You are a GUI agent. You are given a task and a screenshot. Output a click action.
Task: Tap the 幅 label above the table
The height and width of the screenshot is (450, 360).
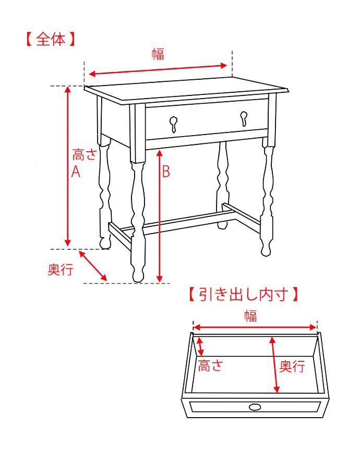pos(158,54)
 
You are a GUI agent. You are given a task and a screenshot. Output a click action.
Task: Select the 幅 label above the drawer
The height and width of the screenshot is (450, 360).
pos(250,315)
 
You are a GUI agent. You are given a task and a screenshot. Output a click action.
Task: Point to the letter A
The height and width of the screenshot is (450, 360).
pos(76,172)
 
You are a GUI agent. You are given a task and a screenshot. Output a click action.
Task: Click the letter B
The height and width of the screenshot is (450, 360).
pos(166,172)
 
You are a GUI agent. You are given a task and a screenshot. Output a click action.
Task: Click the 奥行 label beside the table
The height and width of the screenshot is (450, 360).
pos(60,270)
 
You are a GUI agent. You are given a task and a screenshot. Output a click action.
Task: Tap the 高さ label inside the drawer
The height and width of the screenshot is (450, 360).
pos(210,366)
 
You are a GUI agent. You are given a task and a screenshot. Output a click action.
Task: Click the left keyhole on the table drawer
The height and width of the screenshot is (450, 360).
pos(174,123)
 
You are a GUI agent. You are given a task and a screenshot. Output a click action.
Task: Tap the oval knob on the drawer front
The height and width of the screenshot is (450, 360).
pos(255,407)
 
